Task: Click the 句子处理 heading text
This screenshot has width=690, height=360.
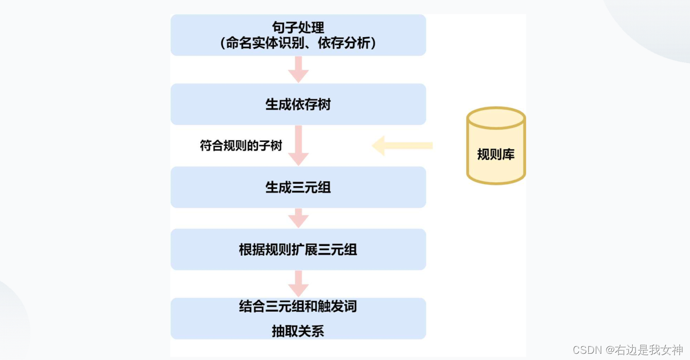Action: (x=298, y=28)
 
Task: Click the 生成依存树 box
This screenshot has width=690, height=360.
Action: (x=298, y=105)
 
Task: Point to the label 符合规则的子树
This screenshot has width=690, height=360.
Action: (x=241, y=146)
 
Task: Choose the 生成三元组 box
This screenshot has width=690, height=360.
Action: (x=298, y=187)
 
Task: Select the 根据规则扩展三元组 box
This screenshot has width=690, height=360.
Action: (x=298, y=250)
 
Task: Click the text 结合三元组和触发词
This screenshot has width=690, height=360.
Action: (x=298, y=306)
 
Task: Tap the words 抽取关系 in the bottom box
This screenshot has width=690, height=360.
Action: (x=298, y=331)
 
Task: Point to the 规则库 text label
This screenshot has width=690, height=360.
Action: (x=496, y=154)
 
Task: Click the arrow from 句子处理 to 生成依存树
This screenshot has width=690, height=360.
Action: (x=298, y=70)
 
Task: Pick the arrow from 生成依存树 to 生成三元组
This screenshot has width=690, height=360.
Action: (x=298, y=146)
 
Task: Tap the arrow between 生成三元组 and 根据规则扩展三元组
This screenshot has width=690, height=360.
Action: (x=298, y=218)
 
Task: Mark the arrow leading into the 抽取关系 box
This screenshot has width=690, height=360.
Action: (x=298, y=284)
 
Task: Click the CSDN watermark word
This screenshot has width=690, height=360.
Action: (x=587, y=350)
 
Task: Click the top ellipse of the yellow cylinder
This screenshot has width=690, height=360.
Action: (x=496, y=118)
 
